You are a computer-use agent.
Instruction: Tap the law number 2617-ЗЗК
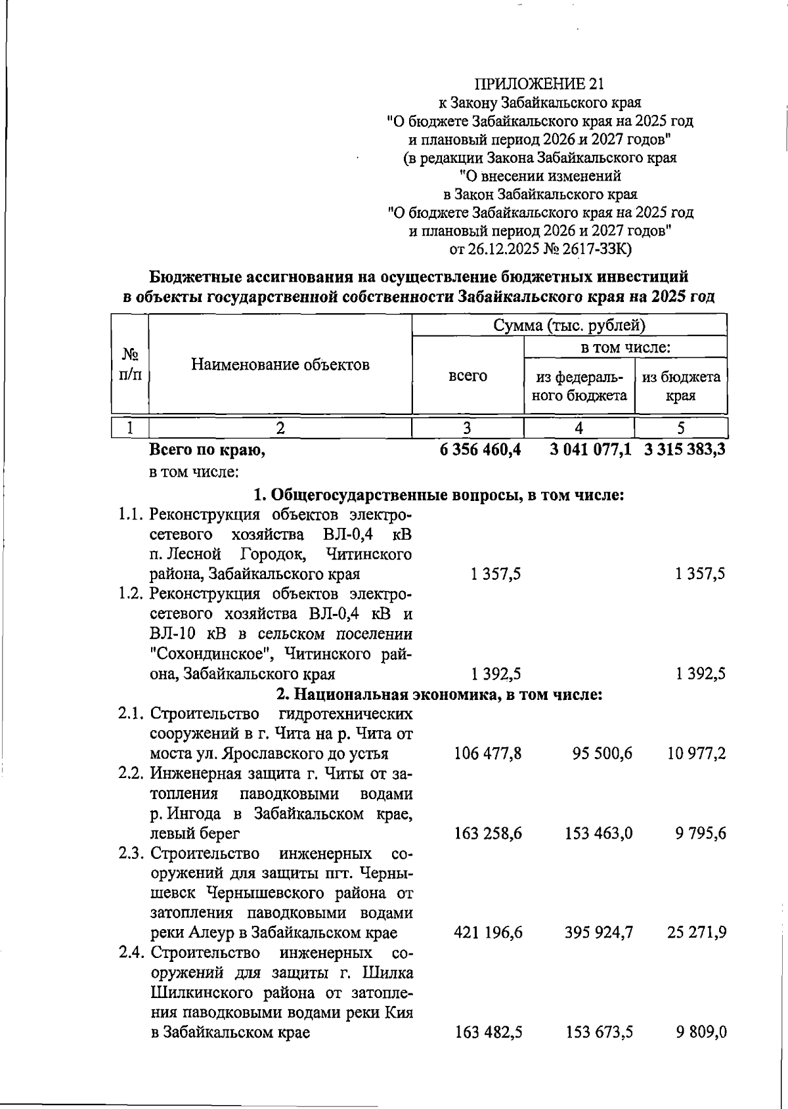[x=594, y=249]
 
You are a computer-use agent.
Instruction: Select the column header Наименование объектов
[x=280, y=364]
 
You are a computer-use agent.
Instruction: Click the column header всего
[x=468, y=376]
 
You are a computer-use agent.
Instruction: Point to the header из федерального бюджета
[x=579, y=386]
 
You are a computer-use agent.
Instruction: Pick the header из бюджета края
[x=680, y=386]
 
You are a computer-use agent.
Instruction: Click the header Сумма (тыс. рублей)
[x=569, y=325]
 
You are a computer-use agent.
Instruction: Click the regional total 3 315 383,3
[x=685, y=450]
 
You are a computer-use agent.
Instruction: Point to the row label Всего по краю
[x=208, y=450]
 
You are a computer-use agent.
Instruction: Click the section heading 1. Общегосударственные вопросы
[x=439, y=494]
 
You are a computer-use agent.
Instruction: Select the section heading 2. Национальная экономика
[x=439, y=694]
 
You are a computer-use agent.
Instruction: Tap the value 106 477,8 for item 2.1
[x=488, y=753]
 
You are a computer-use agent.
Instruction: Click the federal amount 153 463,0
[x=598, y=833]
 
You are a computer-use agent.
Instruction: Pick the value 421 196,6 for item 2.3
[x=488, y=932]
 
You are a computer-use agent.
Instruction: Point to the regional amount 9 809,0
[x=701, y=1032]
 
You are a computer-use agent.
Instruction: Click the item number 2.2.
[x=131, y=773]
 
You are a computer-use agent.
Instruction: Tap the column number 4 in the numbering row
[x=579, y=428]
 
